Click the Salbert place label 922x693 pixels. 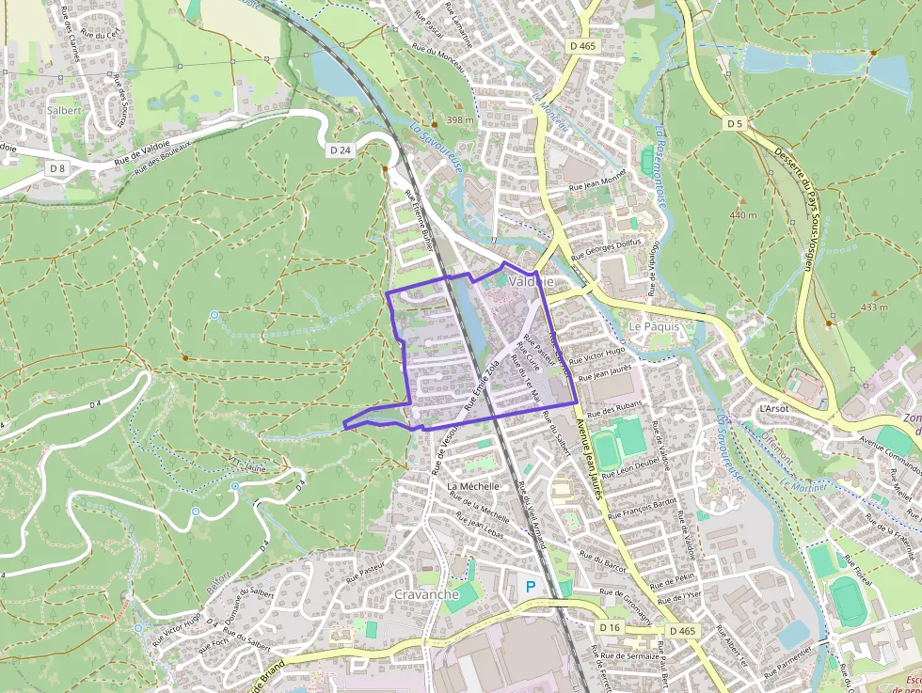(65, 109)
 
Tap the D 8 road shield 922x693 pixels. (57, 168)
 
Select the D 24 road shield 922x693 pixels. (341, 150)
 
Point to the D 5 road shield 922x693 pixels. (735, 123)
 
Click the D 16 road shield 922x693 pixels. (610, 626)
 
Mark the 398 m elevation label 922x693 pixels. (460, 120)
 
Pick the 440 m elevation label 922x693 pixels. (742, 215)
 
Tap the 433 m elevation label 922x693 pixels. (874, 307)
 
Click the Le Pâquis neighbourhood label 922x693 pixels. (653, 327)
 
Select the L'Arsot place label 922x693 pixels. (773, 409)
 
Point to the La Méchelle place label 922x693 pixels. (472, 485)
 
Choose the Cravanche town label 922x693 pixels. (426, 594)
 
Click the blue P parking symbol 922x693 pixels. (530, 586)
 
